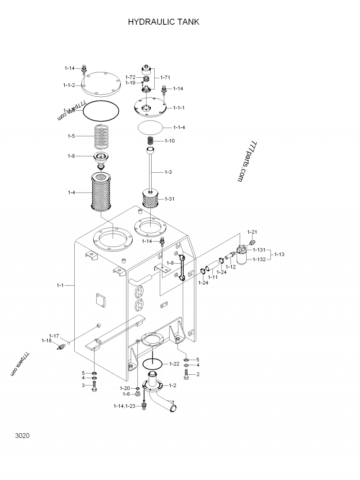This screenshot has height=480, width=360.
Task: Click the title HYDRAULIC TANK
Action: (163, 22)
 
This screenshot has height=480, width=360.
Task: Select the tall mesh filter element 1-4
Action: (103, 193)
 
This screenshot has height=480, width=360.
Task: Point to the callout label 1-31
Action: (170, 199)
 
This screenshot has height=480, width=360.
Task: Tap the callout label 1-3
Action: (168, 172)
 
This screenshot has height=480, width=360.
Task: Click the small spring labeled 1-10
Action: (152, 141)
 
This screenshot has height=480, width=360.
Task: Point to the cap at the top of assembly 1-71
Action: (146, 70)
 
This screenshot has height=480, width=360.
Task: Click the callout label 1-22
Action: (175, 363)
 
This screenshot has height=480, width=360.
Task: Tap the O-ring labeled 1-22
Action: (152, 362)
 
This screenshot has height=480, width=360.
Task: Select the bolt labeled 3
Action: (94, 386)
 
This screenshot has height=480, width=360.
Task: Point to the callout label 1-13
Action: (279, 254)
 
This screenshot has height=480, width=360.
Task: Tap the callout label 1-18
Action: (46, 341)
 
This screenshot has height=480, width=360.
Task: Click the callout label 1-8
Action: (72, 156)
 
